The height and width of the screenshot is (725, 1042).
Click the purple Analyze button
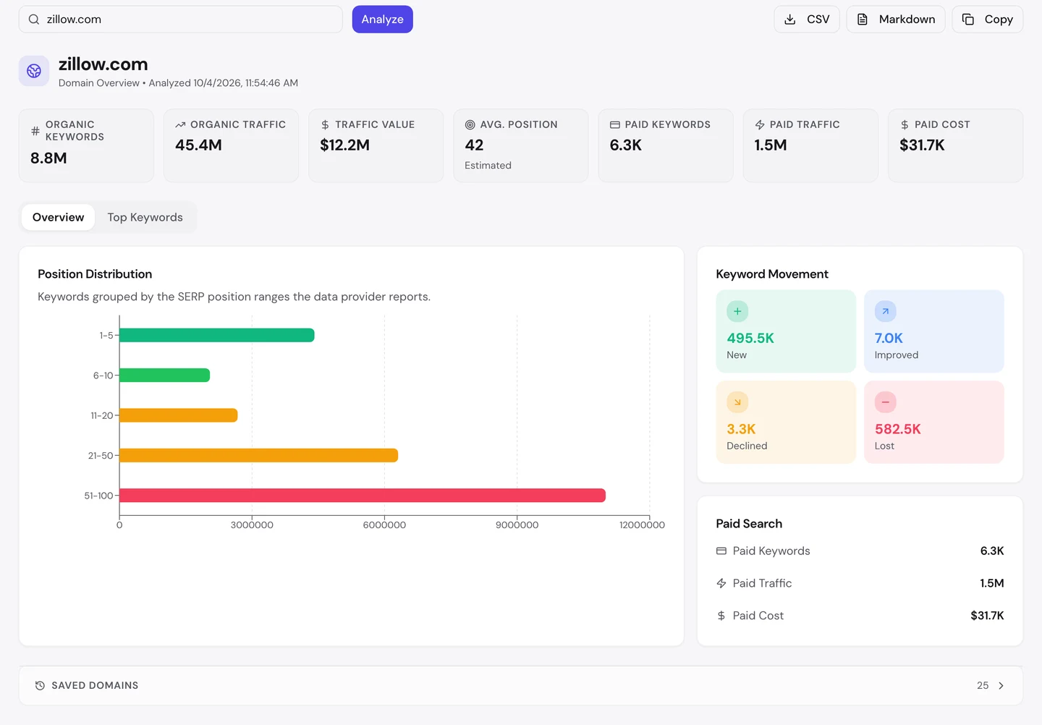382,19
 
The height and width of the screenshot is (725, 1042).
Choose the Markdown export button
896,19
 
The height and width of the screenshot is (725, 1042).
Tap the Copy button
987,19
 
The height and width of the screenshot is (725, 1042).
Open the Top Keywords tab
145,217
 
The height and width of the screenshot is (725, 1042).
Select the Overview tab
58,217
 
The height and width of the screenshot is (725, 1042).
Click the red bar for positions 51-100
363,495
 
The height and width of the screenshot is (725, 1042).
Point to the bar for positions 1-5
217,335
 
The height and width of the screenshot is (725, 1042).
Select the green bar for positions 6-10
165,375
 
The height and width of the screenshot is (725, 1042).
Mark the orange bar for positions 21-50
258,455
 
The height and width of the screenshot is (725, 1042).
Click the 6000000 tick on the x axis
384,525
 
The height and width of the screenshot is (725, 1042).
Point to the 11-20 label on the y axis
102,415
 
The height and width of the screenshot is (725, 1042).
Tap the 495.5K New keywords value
750,338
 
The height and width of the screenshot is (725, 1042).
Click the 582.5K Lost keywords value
898,429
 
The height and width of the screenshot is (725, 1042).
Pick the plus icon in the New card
737,311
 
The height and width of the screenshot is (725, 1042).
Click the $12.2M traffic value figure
344,145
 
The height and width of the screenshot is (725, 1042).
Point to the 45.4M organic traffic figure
198,145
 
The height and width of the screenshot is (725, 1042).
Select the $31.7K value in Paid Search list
987,615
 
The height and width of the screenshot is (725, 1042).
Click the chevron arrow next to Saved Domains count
1001,685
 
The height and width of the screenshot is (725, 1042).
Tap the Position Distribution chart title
95,274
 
